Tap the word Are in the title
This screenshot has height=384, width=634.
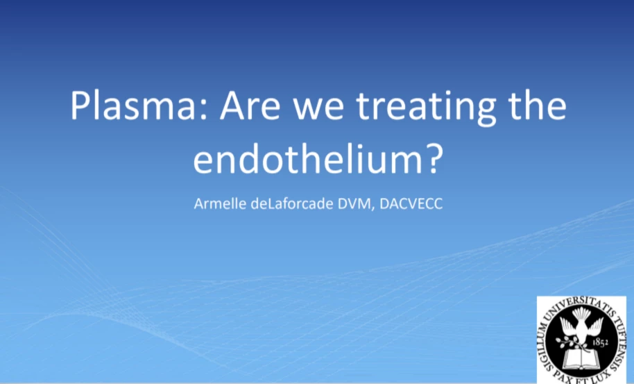(x=250, y=106)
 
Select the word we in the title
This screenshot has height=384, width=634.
(x=318, y=109)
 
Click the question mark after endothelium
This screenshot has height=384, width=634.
(x=435, y=158)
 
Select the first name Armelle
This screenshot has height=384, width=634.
(x=220, y=203)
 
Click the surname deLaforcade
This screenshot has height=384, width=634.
(x=293, y=203)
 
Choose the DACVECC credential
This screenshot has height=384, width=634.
(x=411, y=203)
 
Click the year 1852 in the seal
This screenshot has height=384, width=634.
(x=601, y=343)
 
